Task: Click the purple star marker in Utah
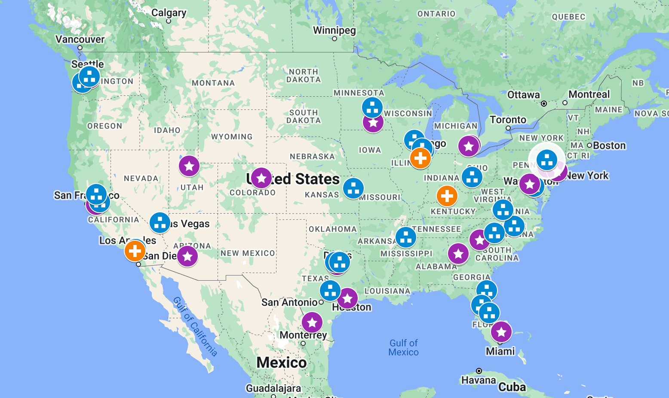point(189,166)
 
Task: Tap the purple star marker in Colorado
point(261,178)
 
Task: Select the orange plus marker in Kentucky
point(447,196)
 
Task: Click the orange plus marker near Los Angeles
point(135,251)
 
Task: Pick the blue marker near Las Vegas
point(160,223)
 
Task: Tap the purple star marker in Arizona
point(187,256)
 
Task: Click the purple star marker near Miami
point(501,332)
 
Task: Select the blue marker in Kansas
point(353,188)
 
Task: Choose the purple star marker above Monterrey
point(312,322)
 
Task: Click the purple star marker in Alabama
point(458,254)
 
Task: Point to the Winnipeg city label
point(334,31)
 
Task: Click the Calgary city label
point(169,13)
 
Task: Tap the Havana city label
point(479,380)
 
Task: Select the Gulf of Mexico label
point(403,347)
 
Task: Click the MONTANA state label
point(213,83)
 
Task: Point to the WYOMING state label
point(232,137)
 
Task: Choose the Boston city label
point(609,146)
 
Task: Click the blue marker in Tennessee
point(406,237)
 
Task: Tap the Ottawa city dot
point(544,104)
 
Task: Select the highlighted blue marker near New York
point(547,160)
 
